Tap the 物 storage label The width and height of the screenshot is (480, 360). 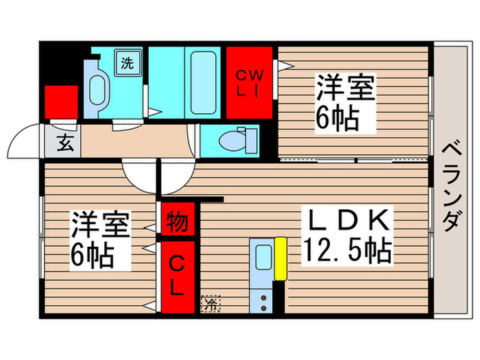coord(176,221)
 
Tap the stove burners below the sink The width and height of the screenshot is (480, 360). coord(263,298)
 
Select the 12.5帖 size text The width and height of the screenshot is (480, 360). coord(348,251)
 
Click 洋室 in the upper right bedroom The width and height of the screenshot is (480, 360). coord(345,90)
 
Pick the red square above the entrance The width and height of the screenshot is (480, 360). coord(60,104)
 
